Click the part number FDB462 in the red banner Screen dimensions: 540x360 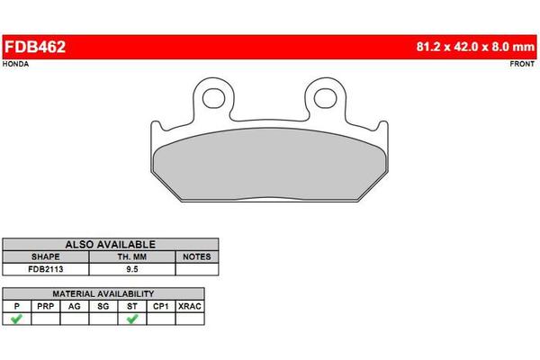(x=35, y=47)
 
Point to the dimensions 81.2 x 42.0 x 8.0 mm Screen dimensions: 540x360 (x=475, y=47)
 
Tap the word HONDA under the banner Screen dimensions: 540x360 (x=15, y=64)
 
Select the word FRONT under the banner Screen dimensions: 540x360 (x=522, y=64)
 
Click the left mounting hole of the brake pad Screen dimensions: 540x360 (x=213, y=98)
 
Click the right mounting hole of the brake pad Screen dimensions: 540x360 (x=325, y=98)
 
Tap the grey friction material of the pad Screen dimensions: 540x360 (x=270, y=165)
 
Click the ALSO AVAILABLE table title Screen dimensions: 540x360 (x=110, y=245)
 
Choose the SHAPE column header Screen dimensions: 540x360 (x=46, y=257)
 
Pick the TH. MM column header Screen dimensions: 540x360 (x=132, y=257)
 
